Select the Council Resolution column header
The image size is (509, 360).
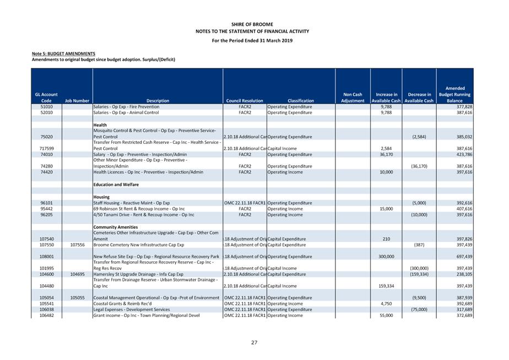[245, 101]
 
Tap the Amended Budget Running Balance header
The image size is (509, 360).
[454, 94]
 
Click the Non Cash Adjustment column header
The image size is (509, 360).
[353, 98]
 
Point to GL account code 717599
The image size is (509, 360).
[46, 149]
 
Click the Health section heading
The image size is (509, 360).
[100, 125]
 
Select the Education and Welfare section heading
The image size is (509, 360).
[116, 185]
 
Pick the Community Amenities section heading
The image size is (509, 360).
[116, 227]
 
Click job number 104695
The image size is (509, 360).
[77, 274]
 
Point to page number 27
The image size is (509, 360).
[254, 343]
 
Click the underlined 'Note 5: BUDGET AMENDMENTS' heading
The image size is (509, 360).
[63, 53]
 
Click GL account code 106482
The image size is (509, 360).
[46, 315]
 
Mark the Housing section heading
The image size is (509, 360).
[101, 197]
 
